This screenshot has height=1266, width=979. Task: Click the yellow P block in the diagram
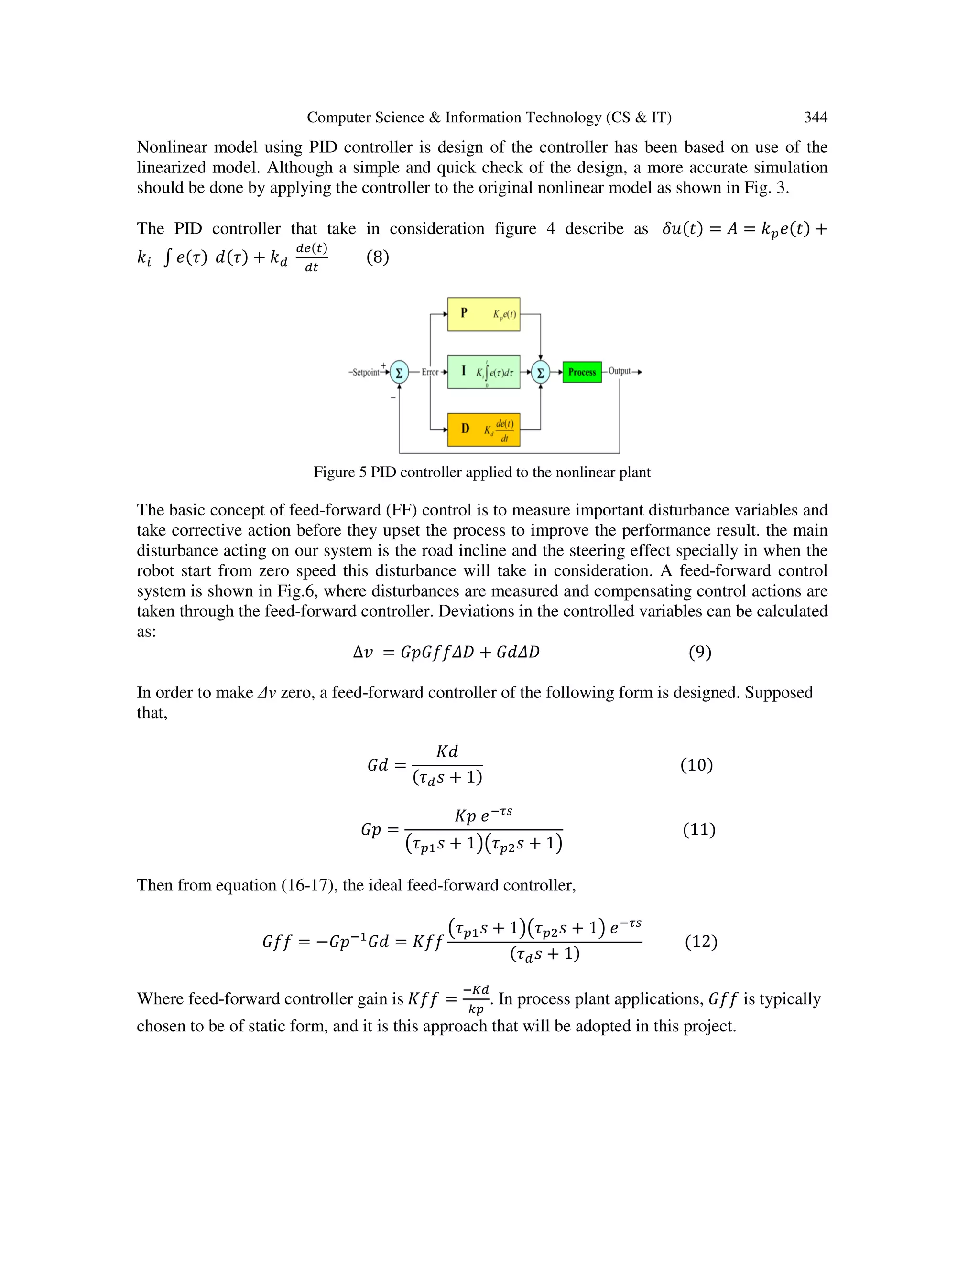[x=483, y=314]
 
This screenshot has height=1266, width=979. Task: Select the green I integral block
[x=483, y=372]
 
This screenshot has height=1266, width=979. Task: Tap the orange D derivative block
[x=483, y=429]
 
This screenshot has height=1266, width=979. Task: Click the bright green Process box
[x=582, y=372]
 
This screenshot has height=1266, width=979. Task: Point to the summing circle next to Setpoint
[x=399, y=372]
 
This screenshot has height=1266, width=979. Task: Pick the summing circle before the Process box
[x=541, y=372]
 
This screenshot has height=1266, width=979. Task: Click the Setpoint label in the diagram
[x=365, y=372]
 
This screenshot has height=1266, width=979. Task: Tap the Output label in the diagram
[x=620, y=371]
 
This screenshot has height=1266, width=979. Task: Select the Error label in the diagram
[x=430, y=372]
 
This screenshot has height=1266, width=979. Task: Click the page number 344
[x=815, y=118]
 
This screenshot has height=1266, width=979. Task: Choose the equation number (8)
[x=378, y=257]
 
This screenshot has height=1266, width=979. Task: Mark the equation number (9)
[x=699, y=652]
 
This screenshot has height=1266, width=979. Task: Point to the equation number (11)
[x=699, y=829]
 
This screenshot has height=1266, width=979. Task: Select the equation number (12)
[x=701, y=942]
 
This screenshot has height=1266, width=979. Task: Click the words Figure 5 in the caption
[x=340, y=472]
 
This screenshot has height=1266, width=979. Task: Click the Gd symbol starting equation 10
[x=378, y=765]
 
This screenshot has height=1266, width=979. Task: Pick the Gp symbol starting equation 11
[x=371, y=829]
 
